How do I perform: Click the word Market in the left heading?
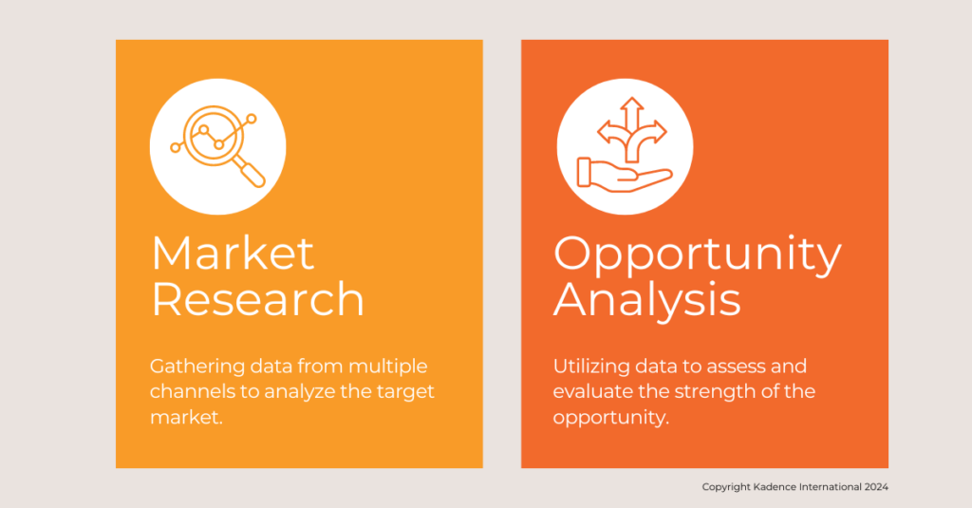click(x=233, y=253)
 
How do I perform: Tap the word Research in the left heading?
click(x=258, y=299)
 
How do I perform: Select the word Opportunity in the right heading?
click(x=698, y=255)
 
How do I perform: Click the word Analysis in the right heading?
click(x=646, y=301)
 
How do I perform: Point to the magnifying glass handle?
click(x=250, y=172)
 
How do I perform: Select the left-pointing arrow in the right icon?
click(x=611, y=133)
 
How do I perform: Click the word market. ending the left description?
click(x=186, y=417)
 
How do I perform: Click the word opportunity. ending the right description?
click(x=610, y=418)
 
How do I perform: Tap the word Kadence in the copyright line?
click(x=775, y=487)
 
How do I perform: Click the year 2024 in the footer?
click(x=876, y=487)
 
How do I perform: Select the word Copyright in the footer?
click(x=726, y=487)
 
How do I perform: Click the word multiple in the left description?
click(x=388, y=367)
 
